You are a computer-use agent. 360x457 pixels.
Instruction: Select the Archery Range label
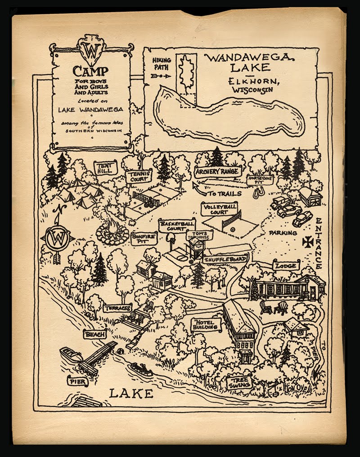click(218, 172)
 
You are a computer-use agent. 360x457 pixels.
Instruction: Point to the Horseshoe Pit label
click(260, 179)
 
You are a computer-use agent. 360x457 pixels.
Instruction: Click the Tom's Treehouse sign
click(199, 235)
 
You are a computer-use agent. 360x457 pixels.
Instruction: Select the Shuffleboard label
click(225, 260)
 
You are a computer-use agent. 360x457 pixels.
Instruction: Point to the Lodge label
click(286, 266)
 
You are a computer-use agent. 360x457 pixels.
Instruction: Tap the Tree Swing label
click(239, 382)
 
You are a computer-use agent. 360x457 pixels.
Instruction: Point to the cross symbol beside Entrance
click(308, 242)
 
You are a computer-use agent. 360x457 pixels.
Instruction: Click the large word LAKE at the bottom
click(131, 393)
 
